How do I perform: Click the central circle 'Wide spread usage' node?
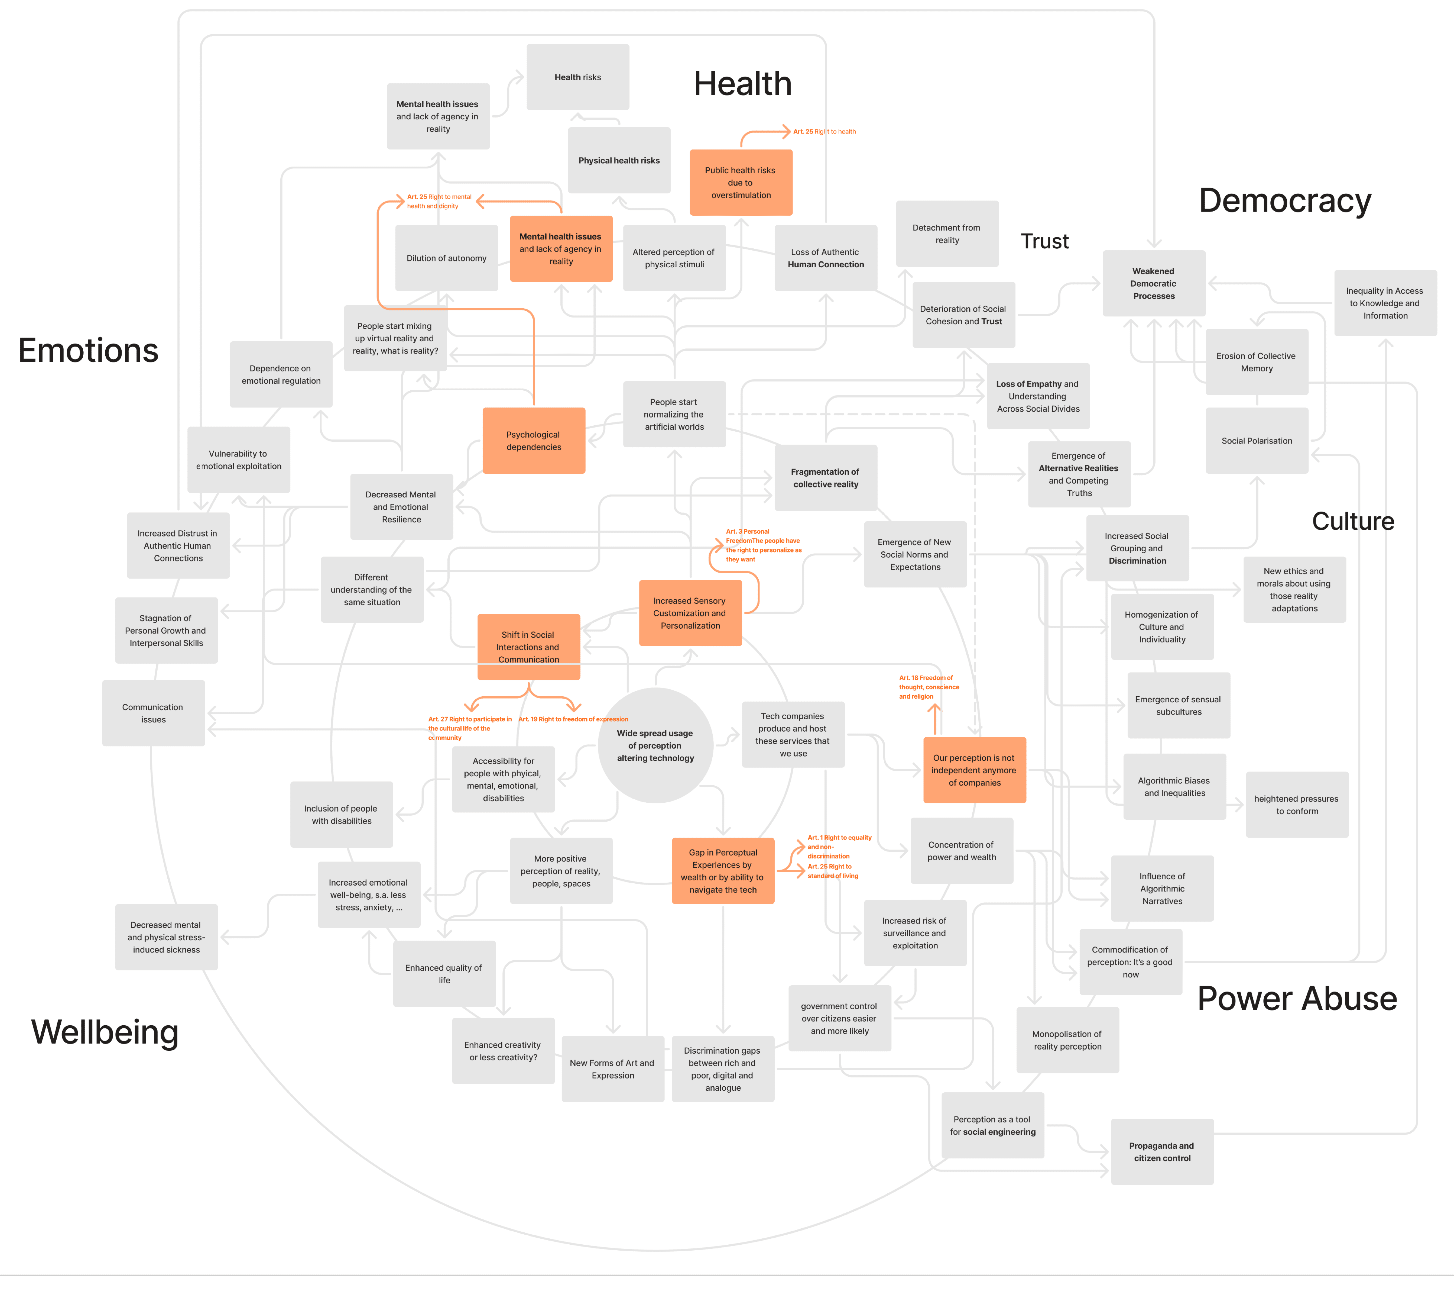pos(655,746)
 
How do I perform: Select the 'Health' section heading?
pos(742,84)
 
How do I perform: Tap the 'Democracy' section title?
pos(1285,201)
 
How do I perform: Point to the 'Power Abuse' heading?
pos(1297,998)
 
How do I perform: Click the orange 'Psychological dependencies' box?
pos(533,441)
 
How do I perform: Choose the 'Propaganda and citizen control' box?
pos(1161,1151)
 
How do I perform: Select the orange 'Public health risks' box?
pos(741,182)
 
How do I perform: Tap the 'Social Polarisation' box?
pos(1256,441)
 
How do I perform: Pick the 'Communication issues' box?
pos(153,713)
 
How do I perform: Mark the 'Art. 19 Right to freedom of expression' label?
pos(573,719)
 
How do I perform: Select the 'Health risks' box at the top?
pos(577,77)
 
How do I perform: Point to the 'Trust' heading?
pos(1045,241)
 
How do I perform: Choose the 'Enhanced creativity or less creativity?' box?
pos(503,1051)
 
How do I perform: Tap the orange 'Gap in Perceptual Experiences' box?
pos(723,871)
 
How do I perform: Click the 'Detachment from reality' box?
pos(947,233)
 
